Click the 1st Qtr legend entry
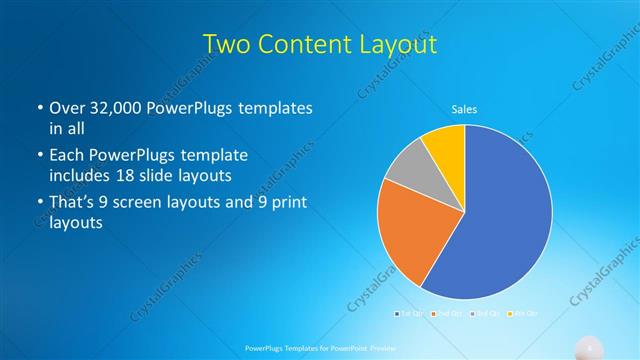coord(411,314)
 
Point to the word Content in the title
coord(310,45)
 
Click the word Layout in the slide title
coord(400,45)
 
